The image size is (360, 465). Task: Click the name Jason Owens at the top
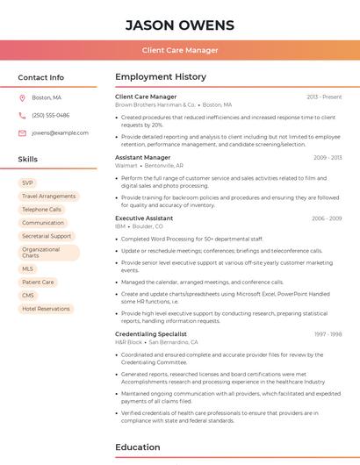180,25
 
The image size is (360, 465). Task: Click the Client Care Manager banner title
180,50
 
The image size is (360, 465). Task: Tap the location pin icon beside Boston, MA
22,98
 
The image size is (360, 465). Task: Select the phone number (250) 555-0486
50,115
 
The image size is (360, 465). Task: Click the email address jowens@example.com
60,132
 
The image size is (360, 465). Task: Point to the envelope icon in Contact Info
22,132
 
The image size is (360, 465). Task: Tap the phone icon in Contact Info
22,115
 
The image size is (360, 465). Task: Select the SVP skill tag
28,183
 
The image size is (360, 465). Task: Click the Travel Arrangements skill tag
48,197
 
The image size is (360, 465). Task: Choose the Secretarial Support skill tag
47,236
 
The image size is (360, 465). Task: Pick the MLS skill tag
28,269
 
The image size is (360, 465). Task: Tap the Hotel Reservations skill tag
46,309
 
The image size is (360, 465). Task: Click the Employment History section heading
161,77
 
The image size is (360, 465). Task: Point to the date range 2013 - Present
324,97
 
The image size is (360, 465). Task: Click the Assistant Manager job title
142,157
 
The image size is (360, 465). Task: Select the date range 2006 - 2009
327,218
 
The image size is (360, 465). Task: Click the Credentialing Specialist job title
151,333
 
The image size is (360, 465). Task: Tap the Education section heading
137,447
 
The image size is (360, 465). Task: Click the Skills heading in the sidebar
27,160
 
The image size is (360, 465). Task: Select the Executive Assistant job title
144,218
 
